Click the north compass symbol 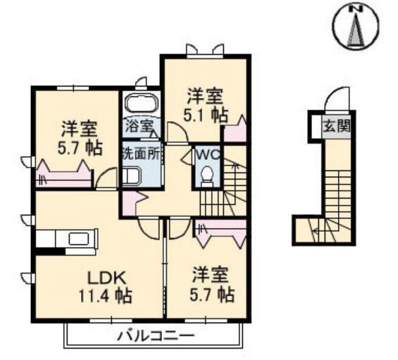tap(356, 26)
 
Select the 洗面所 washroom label tap(141, 154)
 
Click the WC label tap(208, 154)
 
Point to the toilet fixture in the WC tap(206, 175)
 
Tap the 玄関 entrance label tap(336, 125)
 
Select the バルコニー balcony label tap(156, 336)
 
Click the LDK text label tap(106, 278)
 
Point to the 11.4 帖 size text tap(105, 296)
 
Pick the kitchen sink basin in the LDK tap(79, 238)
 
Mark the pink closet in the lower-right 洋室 tap(220, 233)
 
